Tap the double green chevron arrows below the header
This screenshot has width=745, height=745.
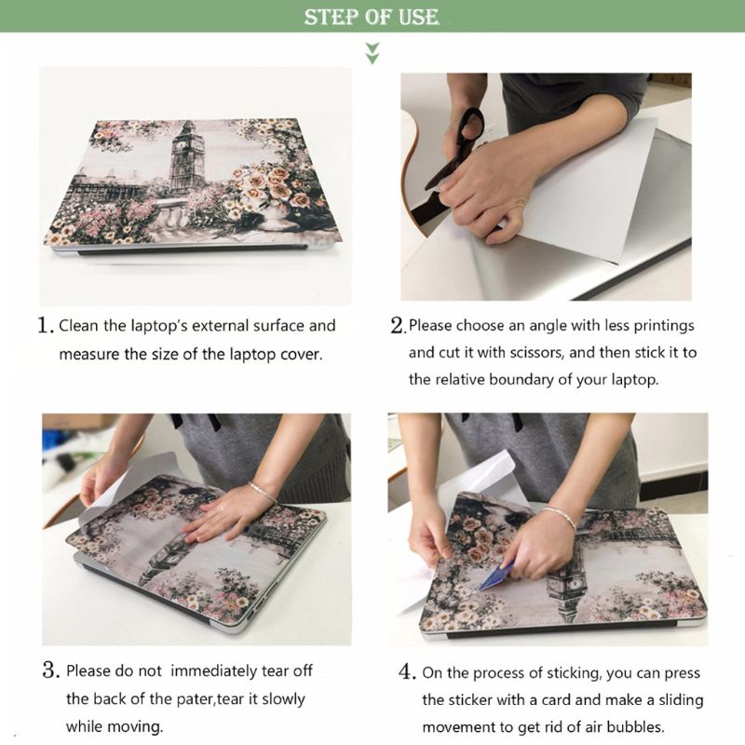tap(372, 52)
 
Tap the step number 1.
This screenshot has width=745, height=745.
tap(44, 326)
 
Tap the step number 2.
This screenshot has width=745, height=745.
tap(398, 326)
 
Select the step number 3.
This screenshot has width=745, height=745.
tap(50, 670)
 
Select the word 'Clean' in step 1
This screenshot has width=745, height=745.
tap(78, 326)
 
